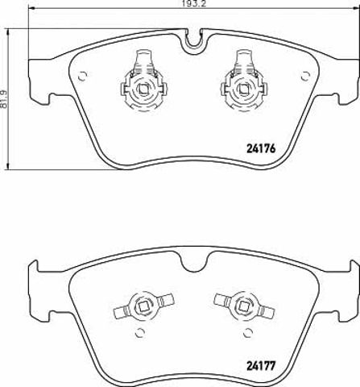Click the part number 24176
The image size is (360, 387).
(261, 148)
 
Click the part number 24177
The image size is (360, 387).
(261, 366)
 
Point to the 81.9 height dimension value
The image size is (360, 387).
(4, 99)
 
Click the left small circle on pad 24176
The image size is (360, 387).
(82, 76)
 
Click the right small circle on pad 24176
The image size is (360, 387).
(305, 76)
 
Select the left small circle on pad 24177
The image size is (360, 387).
(139, 333)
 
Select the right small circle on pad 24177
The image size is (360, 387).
(247, 333)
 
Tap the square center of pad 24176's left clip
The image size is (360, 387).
(143, 89)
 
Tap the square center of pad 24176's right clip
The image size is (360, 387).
(244, 89)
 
